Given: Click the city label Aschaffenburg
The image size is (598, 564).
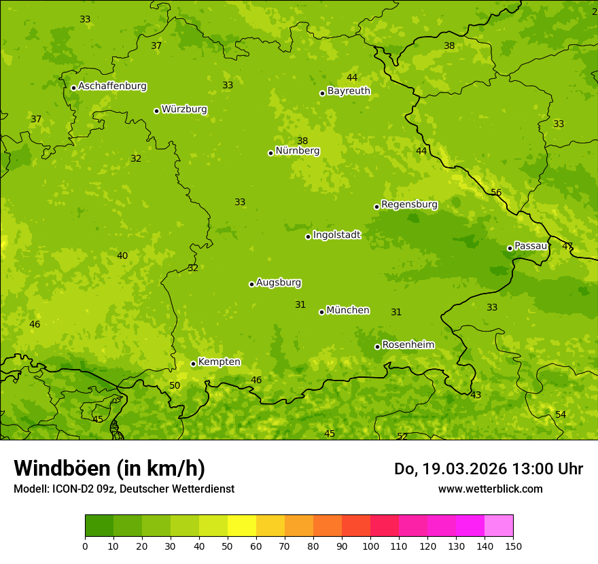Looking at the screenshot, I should pyautogui.click(x=112, y=86).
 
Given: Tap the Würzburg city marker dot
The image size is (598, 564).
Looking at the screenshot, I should pyautogui.click(x=156, y=111).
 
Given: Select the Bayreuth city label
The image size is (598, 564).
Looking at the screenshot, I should pyautogui.click(x=349, y=91).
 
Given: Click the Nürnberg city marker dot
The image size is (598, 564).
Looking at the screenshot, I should pyautogui.click(x=270, y=153).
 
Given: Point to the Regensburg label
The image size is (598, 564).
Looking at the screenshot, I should pyautogui.click(x=409, y=205).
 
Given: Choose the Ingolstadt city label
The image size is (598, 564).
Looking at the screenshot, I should pyautogui.click(x=336, y=235).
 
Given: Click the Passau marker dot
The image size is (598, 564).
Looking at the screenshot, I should pyautogui.click(x=510, y=248).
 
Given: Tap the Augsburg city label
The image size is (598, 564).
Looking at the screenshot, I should pyautogui.click(x=279, y=283).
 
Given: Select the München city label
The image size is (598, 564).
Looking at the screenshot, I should pyautogui.click(x=348, y=311).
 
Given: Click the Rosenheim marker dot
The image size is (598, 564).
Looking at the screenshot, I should pyautogui.click(x=377, y=347).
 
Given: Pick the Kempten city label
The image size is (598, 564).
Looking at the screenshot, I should pyautogui.click(x=219, y=362).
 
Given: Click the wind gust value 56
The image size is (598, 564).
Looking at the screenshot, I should pyautogui.click(x=496, y=193).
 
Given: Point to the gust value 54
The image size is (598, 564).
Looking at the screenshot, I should pyautogui.click(x=561, y=415).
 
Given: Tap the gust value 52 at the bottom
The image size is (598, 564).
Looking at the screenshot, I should pyautogui.click(x=402, y=437).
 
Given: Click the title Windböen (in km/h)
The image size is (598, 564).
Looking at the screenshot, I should pyautogui.click(x=109, y=469).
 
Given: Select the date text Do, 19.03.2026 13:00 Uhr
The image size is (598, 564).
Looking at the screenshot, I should pyautogui.click(x=489, y=469).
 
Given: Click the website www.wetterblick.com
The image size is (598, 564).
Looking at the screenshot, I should pyautogui.click(x=490, y=489).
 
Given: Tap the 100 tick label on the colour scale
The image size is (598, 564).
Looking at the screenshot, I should pyautogui.click(x=370, y=546).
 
